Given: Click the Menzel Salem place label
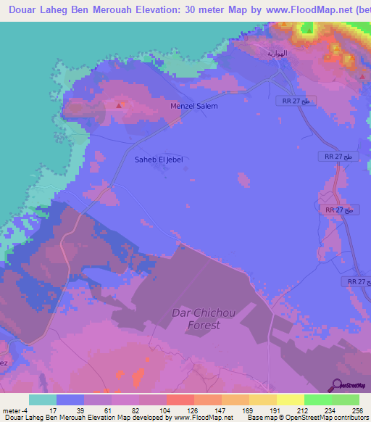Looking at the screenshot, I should (193, 106).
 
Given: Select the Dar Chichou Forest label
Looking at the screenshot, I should (195, 319).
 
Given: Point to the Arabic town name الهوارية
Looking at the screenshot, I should (277, 54).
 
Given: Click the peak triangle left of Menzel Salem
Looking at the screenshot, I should (118, 104).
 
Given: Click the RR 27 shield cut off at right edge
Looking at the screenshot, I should (357, 281).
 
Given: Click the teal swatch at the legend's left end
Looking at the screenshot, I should (43, 400).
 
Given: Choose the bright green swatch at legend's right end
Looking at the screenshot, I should (346, 400).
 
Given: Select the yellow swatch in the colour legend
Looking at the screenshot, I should (291, 400).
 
